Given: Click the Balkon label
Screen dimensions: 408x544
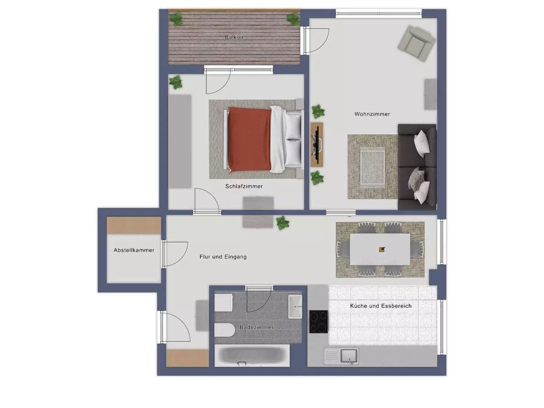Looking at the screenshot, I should [x=234, y=37].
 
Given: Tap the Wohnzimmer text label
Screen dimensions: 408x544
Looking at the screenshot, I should [x=372, y=114].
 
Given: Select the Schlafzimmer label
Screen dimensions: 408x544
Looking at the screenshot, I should [x=244, y=186].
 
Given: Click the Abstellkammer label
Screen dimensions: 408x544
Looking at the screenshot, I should [x=134, y=250].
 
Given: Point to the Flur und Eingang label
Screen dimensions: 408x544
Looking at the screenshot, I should [x=223, y=257].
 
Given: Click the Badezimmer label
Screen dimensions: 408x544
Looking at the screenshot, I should [x=257, y=327].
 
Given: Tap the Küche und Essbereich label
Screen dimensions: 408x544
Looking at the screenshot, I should [x=380, y=306].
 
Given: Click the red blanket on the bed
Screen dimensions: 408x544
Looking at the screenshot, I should [x=249, y=139].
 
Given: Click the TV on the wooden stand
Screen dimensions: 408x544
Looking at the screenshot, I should [x=317, y=144].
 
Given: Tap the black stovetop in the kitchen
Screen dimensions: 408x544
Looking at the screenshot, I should [x=318, y=321].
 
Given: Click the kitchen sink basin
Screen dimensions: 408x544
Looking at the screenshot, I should [x=349, y=356].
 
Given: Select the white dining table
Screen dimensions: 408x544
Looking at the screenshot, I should [x=380, y=249].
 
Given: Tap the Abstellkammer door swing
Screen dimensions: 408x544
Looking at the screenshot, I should [x=176, y=254].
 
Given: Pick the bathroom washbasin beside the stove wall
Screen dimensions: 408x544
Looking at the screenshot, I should [x=295, y=306].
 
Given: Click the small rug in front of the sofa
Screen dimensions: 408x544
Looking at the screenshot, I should [x=372, y=166].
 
